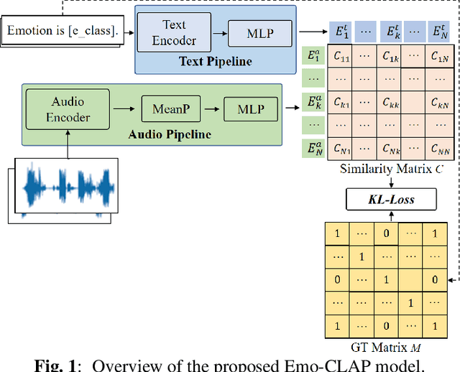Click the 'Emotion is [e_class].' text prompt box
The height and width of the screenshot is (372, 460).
click(x=61, y=30)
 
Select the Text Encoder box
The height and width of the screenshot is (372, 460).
click(x=173, y=33)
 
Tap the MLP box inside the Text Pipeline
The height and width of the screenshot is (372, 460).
click(x=260, y=33)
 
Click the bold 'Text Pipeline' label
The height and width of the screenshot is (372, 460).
click(x=216, y=62)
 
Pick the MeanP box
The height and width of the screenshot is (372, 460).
click(x=170, y=111)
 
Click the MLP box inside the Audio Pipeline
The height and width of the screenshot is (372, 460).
click(x=250, y=111)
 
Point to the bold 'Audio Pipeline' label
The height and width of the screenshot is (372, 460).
click(x=170, y=134)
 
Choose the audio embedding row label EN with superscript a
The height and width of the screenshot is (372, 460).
click(x=312, y=149)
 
